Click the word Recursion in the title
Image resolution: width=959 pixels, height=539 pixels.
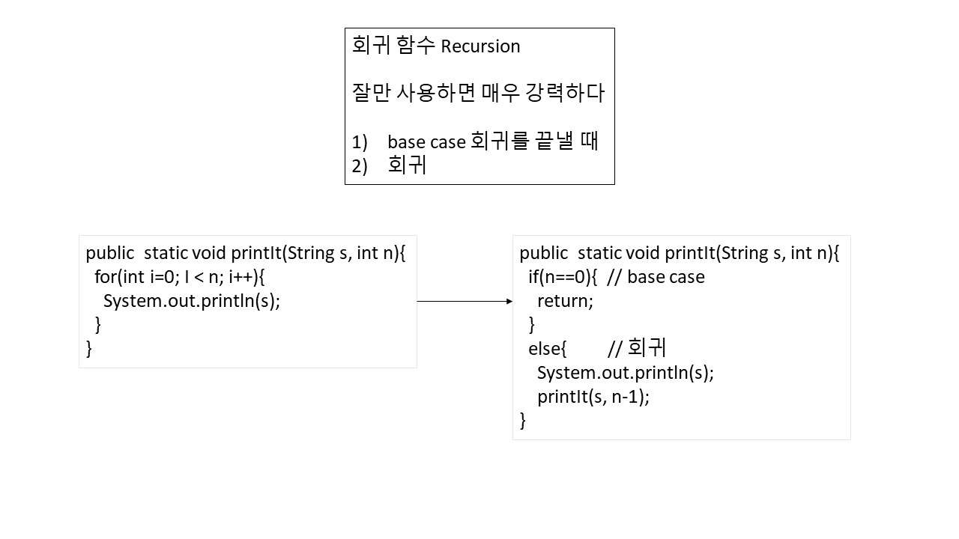(480, 46)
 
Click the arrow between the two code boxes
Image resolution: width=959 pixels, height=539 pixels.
(465, 301)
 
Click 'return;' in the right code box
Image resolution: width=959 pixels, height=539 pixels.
(565, 301)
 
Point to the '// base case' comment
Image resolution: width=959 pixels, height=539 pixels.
(656, 277)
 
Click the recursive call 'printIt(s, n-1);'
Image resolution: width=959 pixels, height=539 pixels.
(593, 397)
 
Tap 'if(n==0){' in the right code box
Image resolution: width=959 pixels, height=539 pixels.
(562, 277)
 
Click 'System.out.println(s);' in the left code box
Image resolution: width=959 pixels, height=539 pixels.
(191, 301)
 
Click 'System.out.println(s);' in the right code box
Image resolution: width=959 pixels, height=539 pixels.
(625, 373)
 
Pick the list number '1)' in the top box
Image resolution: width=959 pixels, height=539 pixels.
(360, 142)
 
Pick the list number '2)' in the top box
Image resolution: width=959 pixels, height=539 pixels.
(360, 166)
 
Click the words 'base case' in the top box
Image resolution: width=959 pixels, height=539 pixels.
(426, 142)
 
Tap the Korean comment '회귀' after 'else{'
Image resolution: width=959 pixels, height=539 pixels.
(647, 348)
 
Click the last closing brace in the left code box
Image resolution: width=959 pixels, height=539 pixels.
(89, 349)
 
